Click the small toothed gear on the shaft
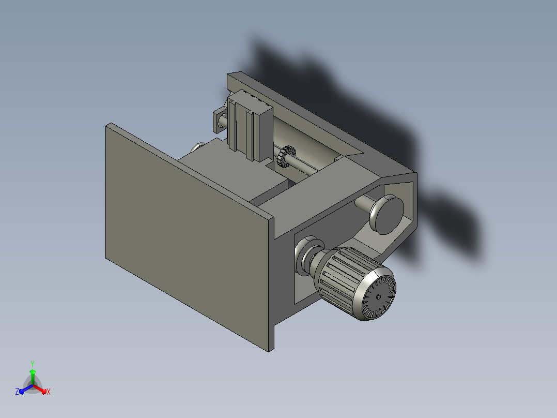[286, 156]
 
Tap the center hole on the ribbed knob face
[378, 297]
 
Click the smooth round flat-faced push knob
[386, 215]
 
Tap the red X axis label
[49, 392]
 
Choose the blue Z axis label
[17, 391]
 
